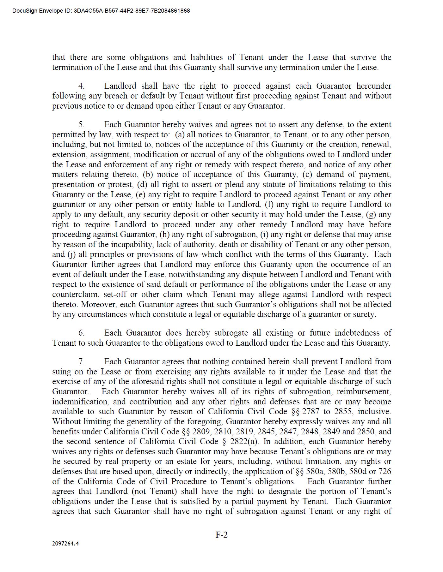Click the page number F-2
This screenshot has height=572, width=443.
[221, 534]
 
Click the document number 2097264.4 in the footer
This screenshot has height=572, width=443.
[65, 544]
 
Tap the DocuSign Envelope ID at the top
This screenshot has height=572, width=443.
[101, 11]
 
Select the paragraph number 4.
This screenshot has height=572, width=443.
[81, 86]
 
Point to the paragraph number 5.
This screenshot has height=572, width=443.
[81, 125]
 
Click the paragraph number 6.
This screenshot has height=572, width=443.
[81, 333]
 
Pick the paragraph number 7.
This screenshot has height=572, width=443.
[81, 362]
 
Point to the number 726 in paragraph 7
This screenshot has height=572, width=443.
[385, 472]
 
